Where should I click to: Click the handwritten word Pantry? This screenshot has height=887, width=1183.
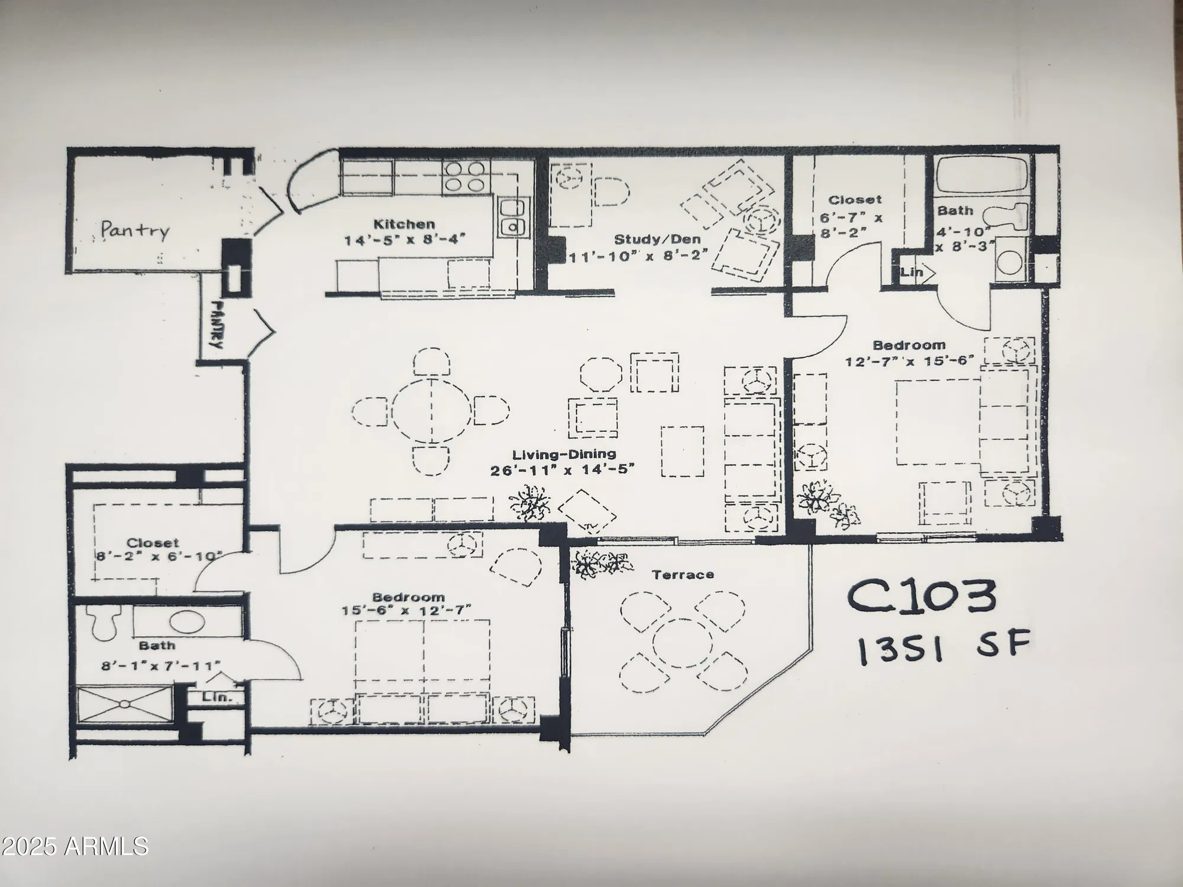point(135,230)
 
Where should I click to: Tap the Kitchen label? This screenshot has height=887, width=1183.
point(404,224)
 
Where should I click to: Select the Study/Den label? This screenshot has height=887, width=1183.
point(657,239)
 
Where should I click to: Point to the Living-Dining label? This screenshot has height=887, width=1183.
point(564,455)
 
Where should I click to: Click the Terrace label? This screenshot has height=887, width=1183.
point(682,574)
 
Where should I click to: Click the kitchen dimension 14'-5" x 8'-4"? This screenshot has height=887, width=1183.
point(405,240)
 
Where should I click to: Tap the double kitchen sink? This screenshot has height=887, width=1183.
point(512,217)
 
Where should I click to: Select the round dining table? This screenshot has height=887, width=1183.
point(431,410)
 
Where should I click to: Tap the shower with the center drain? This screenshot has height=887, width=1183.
point(125,704)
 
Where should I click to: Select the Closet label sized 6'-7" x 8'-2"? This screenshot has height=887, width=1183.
point(854,200)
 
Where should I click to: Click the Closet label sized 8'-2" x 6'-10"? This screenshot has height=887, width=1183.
point(153,542)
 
